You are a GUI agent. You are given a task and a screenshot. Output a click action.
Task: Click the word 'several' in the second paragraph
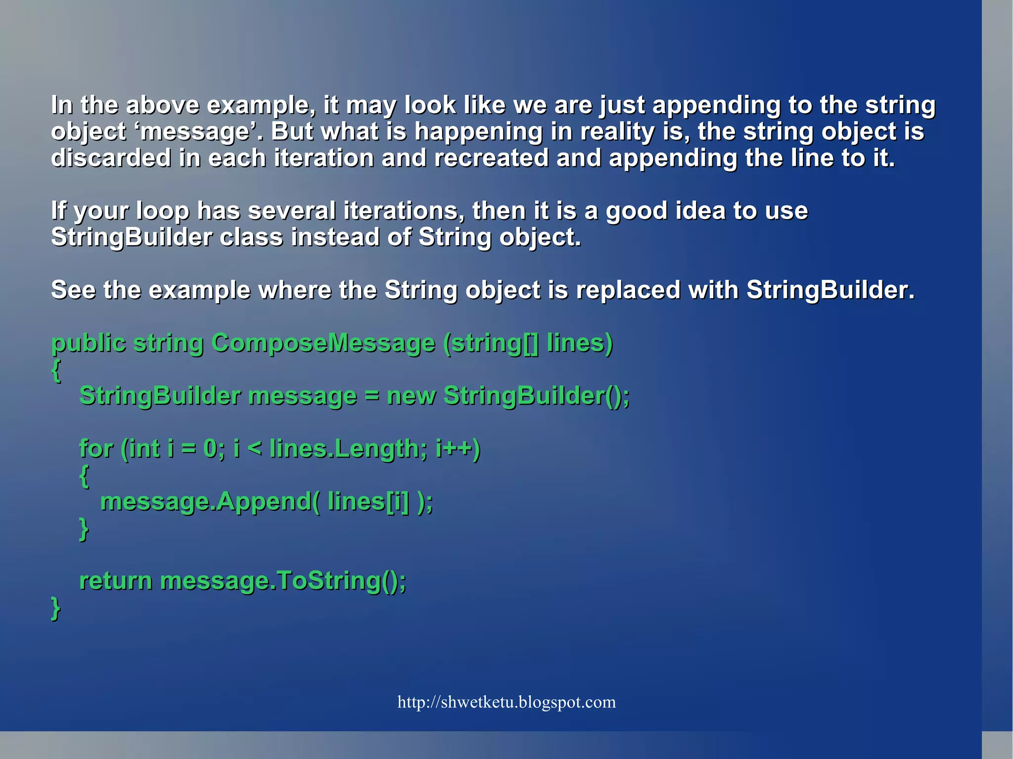tap(291, 211)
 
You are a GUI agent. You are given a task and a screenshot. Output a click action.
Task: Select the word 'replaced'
tap(628, 290)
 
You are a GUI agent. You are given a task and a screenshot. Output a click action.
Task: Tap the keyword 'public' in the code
tap(89, 343)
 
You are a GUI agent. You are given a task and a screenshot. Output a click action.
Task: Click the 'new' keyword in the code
tap(411, 396)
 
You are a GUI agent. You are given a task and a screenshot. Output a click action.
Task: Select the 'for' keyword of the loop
tap(96, 449)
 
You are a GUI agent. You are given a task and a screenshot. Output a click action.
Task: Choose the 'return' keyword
tap(115, 581)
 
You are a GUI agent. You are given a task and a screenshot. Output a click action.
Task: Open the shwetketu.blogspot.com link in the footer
tap(506, 702)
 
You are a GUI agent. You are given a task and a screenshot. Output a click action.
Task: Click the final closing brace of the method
tap(55, 608)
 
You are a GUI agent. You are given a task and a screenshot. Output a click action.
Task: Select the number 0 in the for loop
tap(210, 449)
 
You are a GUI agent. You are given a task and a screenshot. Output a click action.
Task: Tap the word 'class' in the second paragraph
tap(251, 237)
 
